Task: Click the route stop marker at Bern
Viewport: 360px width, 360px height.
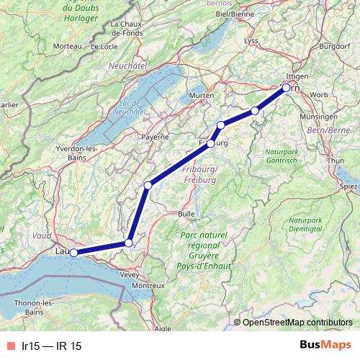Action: click(x=286, y=88)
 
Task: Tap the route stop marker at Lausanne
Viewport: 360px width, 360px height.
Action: click(x=73, y=253)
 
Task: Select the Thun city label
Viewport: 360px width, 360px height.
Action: click(x=336, y=161)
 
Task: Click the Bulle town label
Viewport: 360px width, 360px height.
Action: click(x=186, y=214)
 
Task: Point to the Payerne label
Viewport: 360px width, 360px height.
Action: click(x=155, y=136)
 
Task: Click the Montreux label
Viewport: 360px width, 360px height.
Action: click(x=148, y=285)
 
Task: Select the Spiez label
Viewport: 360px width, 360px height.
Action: click(x=348, y=186)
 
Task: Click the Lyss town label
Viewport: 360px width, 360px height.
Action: click(x=251, y=40)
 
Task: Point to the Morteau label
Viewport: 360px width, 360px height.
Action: click(x=67, y=46)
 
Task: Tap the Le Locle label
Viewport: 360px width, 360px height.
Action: click(x=104, y=46)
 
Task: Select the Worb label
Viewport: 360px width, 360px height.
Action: click(x=319, y=94)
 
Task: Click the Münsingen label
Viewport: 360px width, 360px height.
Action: click(x=318, y=116)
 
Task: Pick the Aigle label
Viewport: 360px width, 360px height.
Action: click(x=163, y=328)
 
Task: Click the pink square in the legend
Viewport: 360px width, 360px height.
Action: click(x=10, y=346)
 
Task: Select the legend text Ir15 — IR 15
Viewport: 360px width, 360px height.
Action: click(x=52, y=346)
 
